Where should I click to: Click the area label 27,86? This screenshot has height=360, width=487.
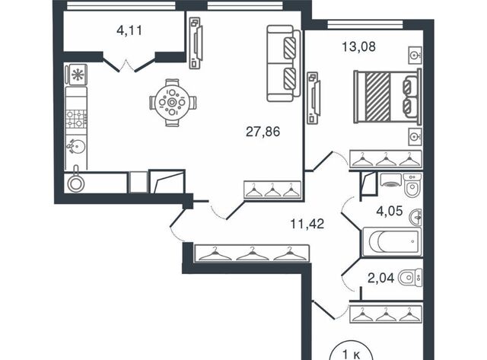click(263, 132)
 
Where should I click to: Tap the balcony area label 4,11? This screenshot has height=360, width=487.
click(129, 30)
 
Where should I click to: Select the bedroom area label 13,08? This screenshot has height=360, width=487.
click(358, 46)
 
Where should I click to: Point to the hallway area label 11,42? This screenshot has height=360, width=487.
click(307, 224)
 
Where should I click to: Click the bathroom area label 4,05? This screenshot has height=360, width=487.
click(390, 212)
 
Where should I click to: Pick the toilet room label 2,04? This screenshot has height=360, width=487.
click(380, 278)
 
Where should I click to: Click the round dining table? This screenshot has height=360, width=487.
click(172, 103)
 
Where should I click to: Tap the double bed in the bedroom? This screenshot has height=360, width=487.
click(387, 96)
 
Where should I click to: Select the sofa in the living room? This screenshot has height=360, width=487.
click(284, 63)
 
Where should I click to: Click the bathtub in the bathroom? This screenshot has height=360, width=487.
click(392, 242)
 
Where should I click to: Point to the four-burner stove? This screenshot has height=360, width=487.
click(76, 119)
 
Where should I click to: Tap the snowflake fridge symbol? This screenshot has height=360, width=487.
click(77, 75)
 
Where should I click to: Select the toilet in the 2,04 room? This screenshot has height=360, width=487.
click(410, 278)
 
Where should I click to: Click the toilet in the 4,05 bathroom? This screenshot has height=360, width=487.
click(412, 185)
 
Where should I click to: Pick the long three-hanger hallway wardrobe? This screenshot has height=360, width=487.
click(252, 253)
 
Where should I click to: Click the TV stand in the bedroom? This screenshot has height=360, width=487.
click(313, 98)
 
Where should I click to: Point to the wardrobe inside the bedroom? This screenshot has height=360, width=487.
click(386, 159)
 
